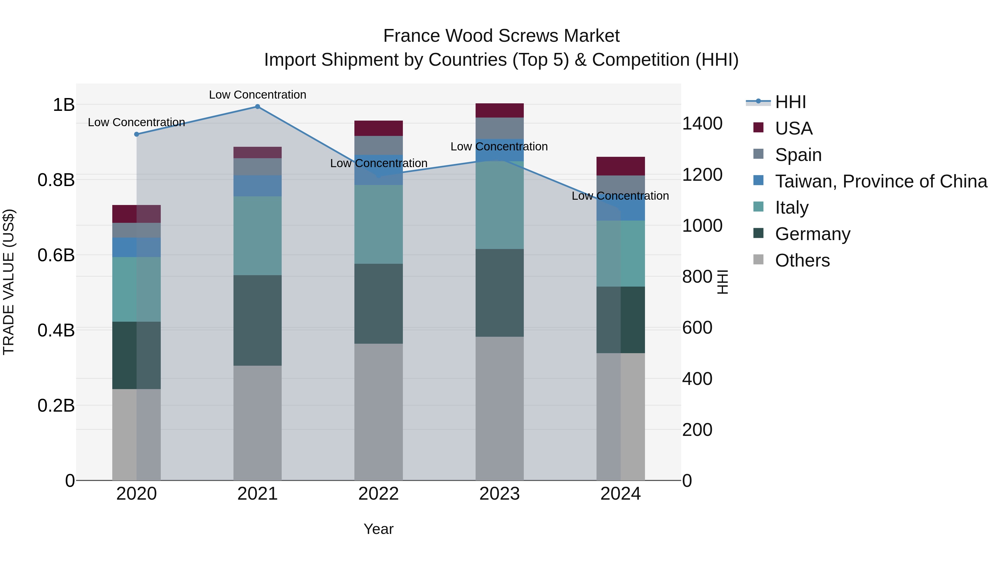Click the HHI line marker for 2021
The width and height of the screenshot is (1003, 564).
[x=257, y=107]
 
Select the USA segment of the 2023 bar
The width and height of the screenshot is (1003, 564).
[x=500, y=111]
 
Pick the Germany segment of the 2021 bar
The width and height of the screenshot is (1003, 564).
[x=257, y=320]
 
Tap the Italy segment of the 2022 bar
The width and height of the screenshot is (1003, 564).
[x=378, y=224]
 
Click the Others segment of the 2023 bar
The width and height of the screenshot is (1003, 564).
[x=500, y=408]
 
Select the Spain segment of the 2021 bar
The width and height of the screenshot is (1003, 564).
[x=257, y=167]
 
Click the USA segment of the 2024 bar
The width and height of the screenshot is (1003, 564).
[x=621, y=166]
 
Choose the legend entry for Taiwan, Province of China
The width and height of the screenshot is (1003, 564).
[x=881, y=181]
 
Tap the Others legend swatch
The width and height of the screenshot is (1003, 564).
[x=758, y=260]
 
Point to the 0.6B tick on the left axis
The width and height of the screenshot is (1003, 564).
[x=56, y=255]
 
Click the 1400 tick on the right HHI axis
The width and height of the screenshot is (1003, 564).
[x=702, y=124]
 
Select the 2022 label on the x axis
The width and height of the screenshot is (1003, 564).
[x=378, y=494]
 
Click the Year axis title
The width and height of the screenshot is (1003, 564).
[x=378, y=529]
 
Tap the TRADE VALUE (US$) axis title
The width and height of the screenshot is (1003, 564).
[x=9, y=282]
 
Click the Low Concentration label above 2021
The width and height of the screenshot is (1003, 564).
[x=257, y=95]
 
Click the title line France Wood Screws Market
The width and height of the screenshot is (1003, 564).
[x=501, y=36]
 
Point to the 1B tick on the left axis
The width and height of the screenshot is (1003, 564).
[x=64, y=105]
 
